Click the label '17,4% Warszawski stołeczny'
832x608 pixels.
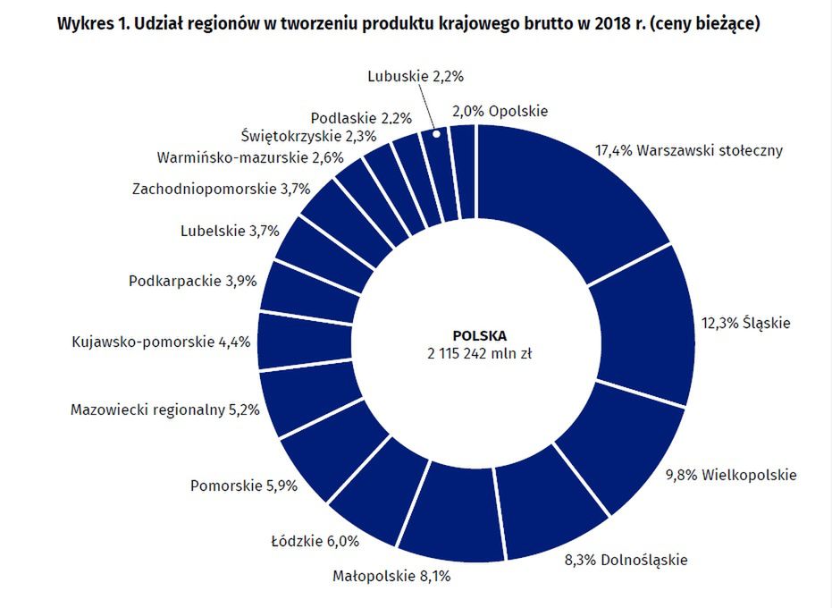coord(689,150)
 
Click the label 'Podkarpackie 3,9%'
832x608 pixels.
coord(192,281)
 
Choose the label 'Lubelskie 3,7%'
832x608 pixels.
coord(230,231)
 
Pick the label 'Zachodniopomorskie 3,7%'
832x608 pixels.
coord(220,189)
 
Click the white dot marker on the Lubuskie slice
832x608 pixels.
coord(437,134)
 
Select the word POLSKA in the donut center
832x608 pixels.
coord(480,336)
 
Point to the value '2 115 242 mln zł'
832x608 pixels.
coord(480,354)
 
